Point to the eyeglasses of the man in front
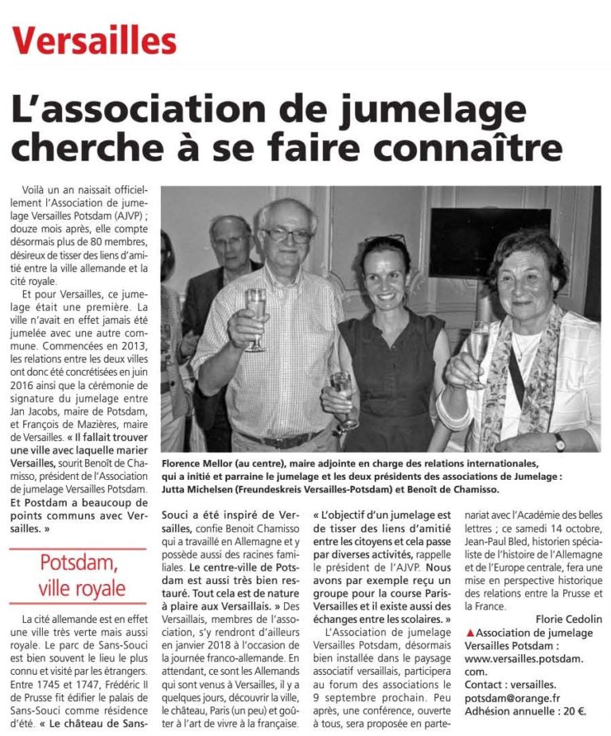coord(288,236)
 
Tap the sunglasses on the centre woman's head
coord(385,239)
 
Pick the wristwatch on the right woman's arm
coord(559,442)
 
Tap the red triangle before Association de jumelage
coord(470,633)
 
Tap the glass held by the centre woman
coord(341,398)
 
